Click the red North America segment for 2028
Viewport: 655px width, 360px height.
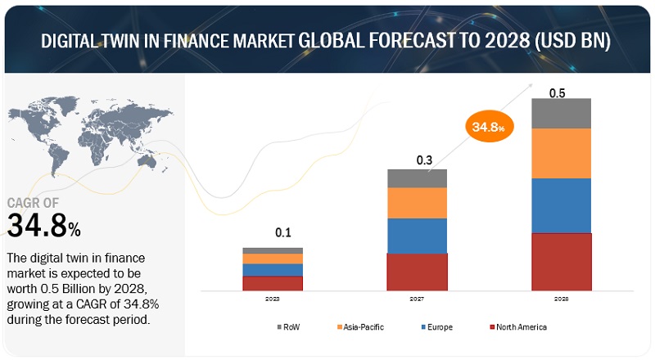point(561,262)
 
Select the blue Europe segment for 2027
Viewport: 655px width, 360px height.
point(417,236)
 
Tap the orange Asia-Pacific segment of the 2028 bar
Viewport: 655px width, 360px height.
point(561,153)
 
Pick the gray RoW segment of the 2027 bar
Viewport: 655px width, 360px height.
point(417,178)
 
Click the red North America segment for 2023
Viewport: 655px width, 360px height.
point(273,283)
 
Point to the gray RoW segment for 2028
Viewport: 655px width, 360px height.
point(561,113)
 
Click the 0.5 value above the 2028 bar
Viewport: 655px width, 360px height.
point(557,92)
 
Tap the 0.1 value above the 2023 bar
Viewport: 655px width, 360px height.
point(282,233)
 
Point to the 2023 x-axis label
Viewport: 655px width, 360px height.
point(273,300)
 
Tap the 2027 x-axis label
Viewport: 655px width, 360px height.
point(417,300)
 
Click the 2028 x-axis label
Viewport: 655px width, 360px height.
point(561,300)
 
